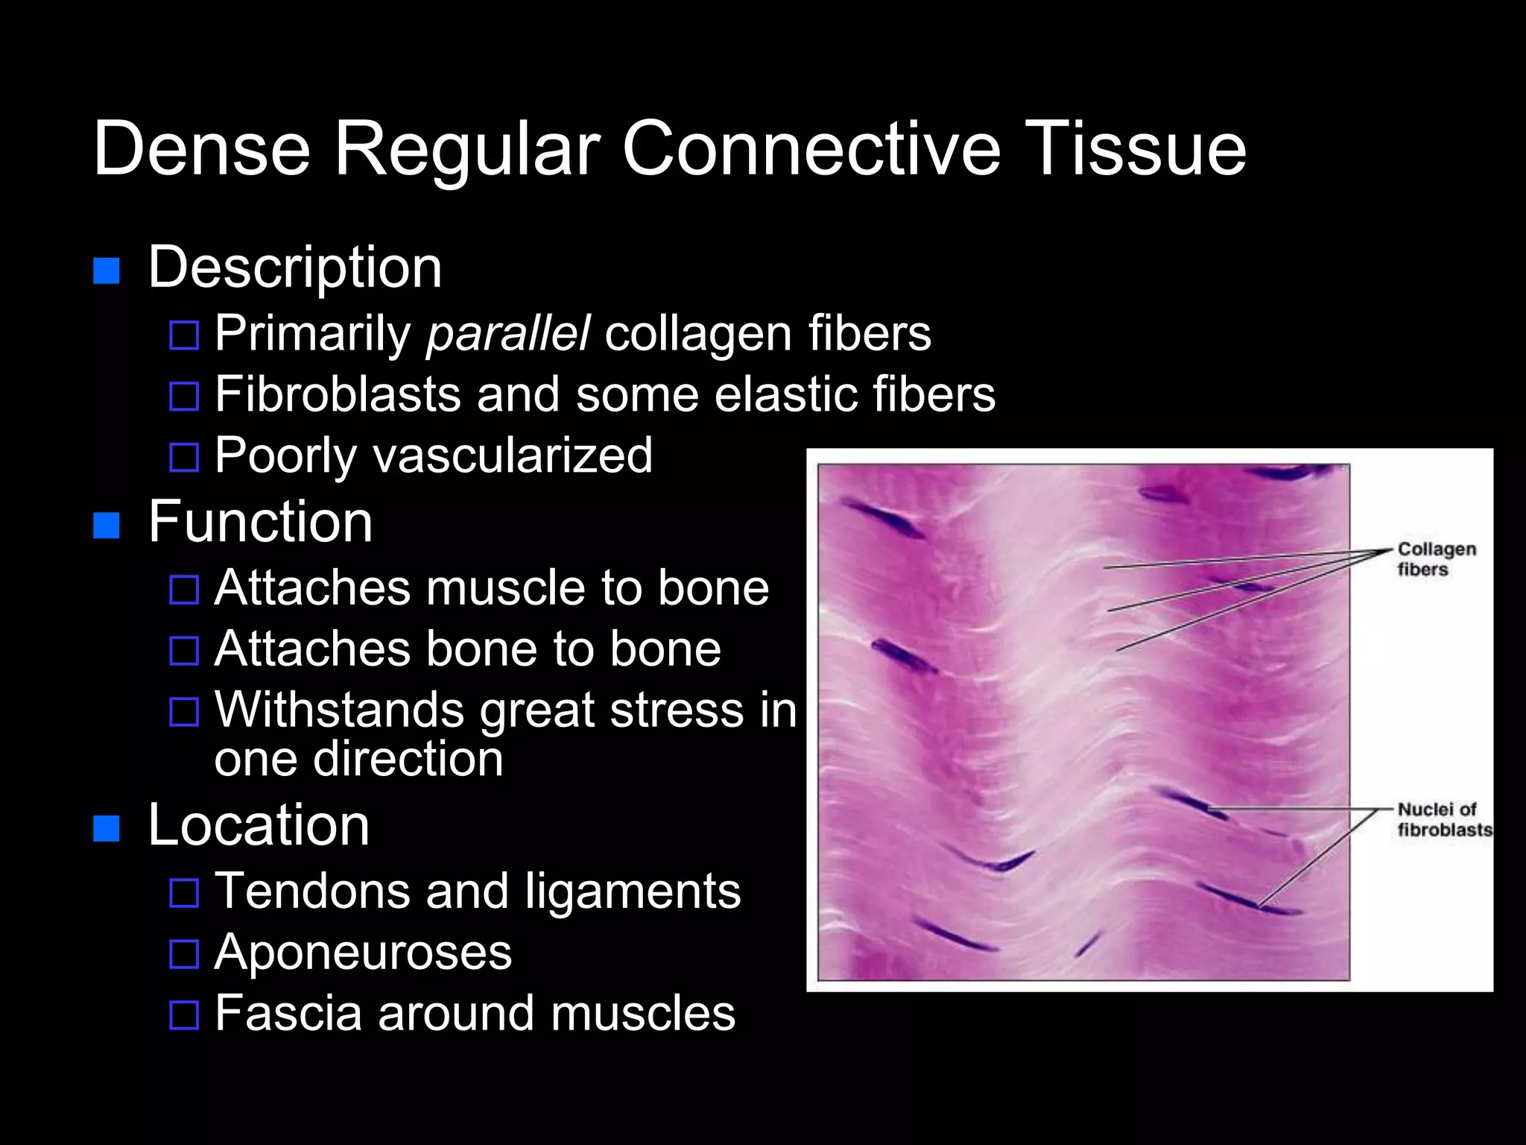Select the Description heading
pos(295,268)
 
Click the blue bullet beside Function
pos(107,526)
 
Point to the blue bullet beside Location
pos(107,828)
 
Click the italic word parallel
pos(508,333)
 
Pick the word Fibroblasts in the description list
pos(338,394)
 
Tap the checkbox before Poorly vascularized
pos(184,458)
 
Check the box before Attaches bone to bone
pos(184,651)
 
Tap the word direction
pos(408,760)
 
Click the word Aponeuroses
pos(363,953)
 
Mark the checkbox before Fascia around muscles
pos(184,1015)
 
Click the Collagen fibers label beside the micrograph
pos(1435,559)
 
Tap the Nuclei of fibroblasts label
pos(1443,819)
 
